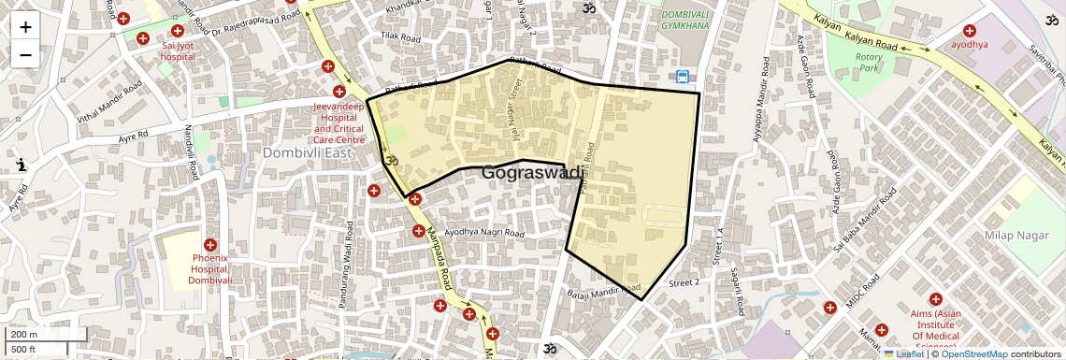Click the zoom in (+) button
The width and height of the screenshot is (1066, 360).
pos(25,27)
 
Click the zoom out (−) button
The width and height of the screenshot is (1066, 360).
pos(25,55)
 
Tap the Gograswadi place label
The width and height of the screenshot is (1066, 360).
pos(532,173)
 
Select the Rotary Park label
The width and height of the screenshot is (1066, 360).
pos(870,63)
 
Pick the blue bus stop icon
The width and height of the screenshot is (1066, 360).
pos(683,78)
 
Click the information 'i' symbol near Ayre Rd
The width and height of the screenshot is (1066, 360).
pos(22,165)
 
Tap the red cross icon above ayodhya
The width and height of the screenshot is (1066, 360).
pos(969,29)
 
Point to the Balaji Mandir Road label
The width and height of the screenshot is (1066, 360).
pos(603,291)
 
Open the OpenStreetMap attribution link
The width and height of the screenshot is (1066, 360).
pos(973,354)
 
